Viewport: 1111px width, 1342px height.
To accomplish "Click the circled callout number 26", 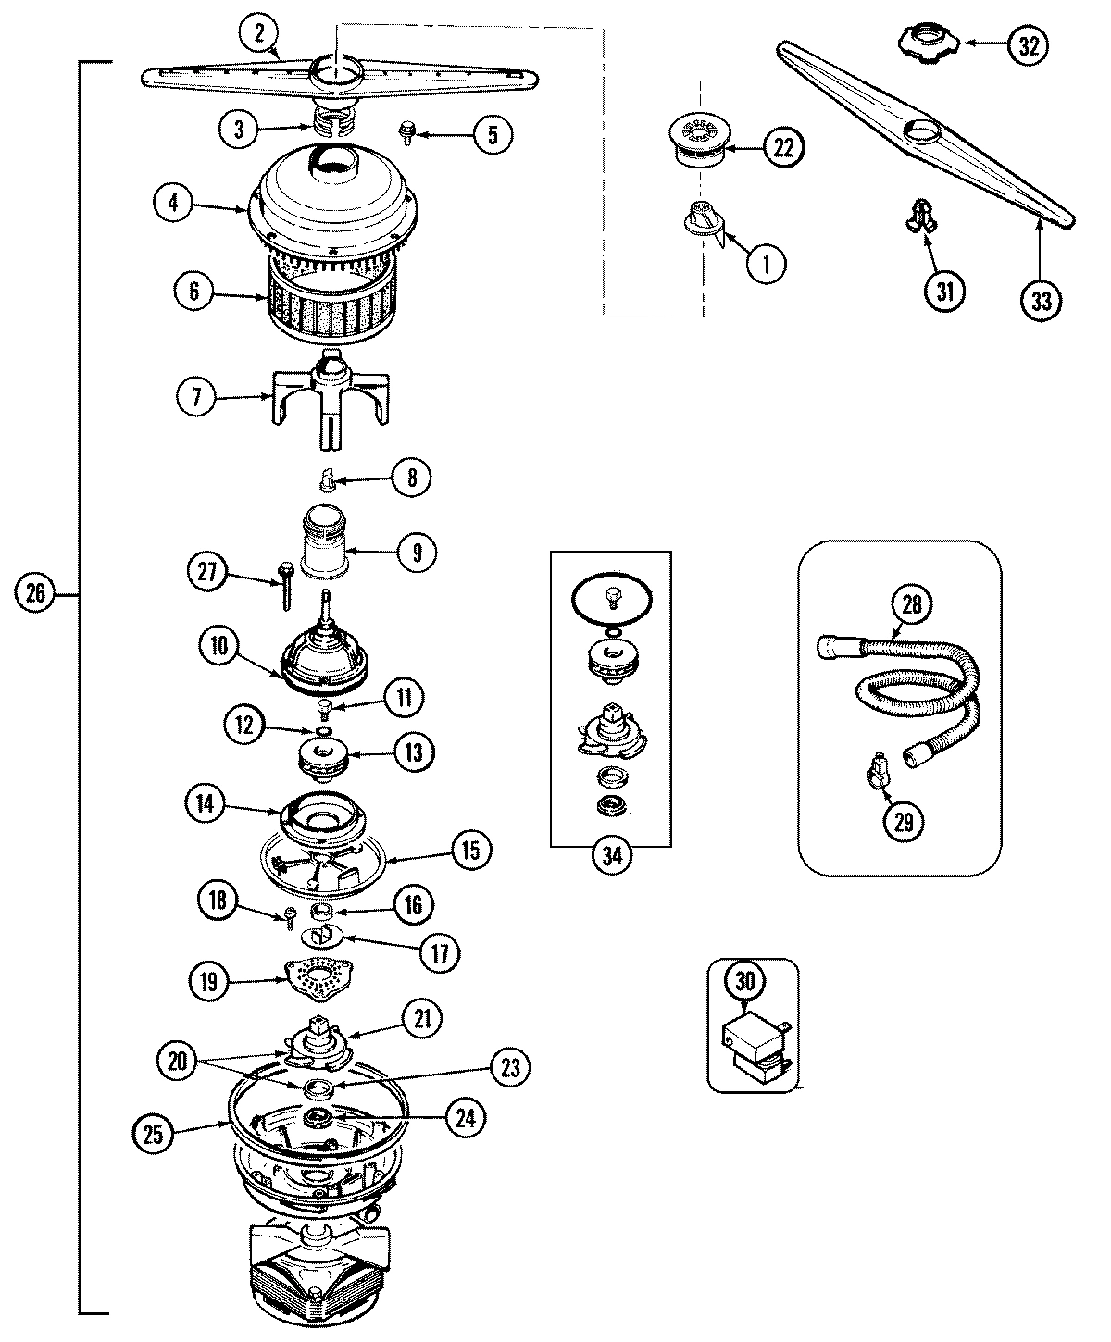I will click(35, 593).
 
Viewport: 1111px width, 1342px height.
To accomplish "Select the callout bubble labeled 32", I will click(1028, 45).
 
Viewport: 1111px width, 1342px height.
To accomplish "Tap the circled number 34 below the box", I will click(611, 856).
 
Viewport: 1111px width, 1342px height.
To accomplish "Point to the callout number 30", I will click(745, 981).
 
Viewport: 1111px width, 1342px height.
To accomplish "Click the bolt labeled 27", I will click(285, 585).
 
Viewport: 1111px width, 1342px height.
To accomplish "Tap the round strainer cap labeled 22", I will click(700, 143).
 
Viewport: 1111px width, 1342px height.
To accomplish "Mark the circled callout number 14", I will click(205, 805).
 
